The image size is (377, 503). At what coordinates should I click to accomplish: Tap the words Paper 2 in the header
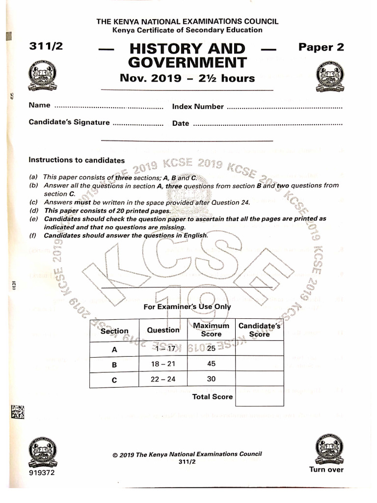(321, 47)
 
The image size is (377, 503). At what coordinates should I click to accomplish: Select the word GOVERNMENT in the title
(187, 63)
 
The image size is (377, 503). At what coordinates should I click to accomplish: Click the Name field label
(39, 105)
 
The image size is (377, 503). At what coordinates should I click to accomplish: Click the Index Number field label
(198, 107)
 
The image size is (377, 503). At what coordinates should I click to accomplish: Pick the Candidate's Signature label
(69, 122)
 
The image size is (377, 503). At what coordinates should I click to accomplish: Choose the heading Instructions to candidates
(77, 160)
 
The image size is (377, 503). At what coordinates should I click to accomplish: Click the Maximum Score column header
(211, 330)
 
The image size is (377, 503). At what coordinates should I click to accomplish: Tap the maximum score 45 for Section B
(211, 364)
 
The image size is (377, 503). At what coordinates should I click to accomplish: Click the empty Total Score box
(259, 396)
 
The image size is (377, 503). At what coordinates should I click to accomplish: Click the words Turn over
(326, 469)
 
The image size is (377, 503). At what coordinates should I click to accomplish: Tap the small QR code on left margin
(18, 412)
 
